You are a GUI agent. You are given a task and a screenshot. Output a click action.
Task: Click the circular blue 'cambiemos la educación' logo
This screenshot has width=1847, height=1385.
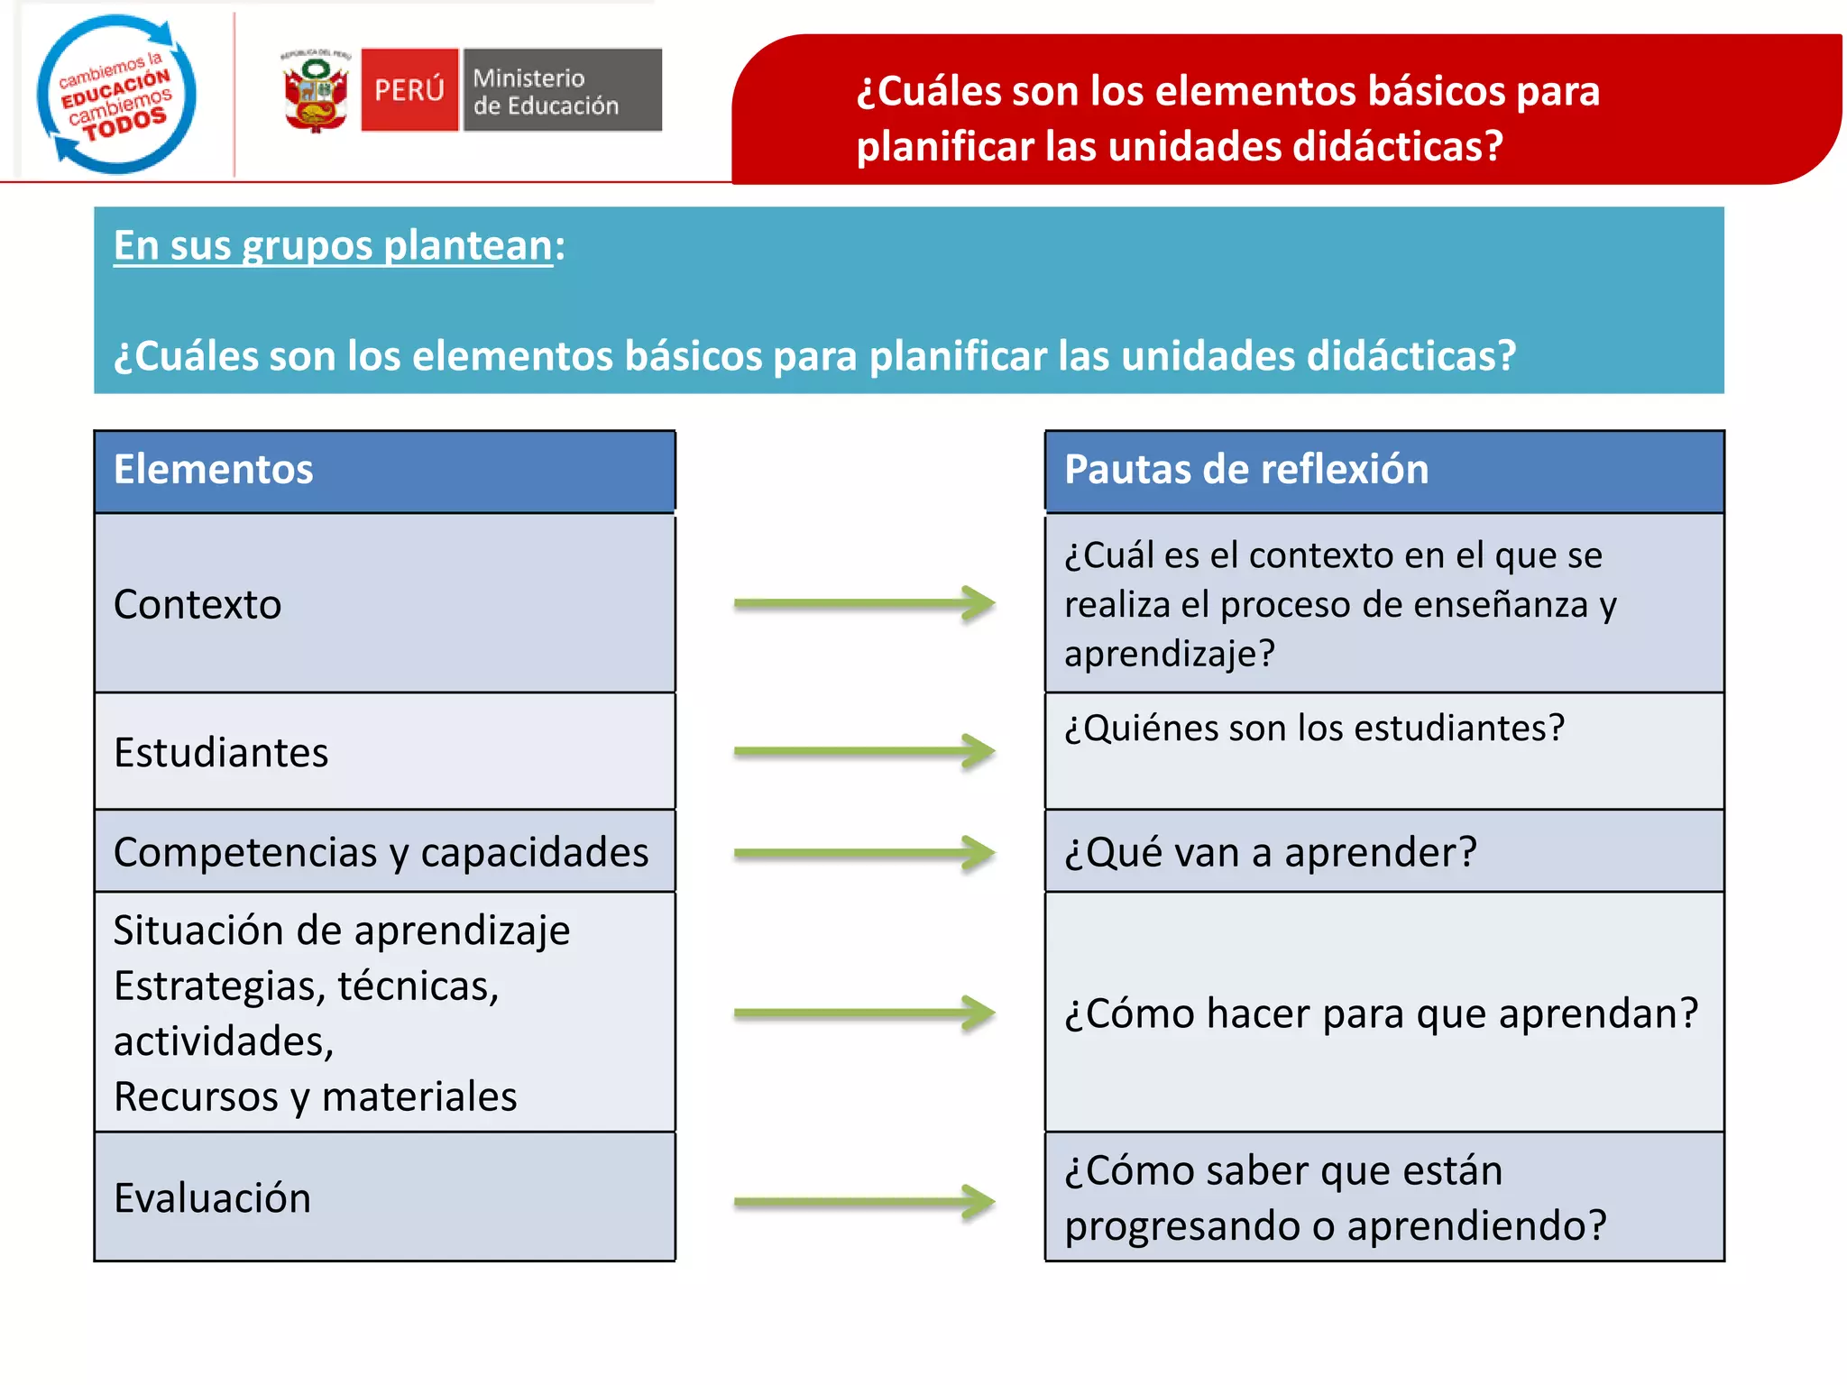point(115,94)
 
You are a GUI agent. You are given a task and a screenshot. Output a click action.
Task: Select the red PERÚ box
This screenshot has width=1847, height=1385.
point(409,90)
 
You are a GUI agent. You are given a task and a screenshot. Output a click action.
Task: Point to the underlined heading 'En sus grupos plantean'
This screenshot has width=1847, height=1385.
point(333,246)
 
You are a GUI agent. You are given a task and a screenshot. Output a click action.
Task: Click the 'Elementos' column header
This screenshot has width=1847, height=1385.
point(384,471)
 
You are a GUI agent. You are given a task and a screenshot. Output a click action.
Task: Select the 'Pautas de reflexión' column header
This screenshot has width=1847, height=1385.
point(1383,471)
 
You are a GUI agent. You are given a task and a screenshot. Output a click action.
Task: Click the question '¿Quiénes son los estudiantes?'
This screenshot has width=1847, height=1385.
point(1314,728)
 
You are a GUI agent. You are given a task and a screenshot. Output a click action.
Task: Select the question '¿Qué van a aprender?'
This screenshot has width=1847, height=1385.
point(1270,852)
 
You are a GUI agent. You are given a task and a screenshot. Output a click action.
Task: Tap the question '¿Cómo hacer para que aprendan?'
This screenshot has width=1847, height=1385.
point(1381,1014)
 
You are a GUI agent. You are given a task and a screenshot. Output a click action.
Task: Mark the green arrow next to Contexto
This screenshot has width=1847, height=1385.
point(863,603)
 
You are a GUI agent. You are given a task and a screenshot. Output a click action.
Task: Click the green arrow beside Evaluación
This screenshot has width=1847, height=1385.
point(863,1201)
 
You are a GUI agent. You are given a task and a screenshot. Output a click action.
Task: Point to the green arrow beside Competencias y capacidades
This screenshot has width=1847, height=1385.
point(863,853)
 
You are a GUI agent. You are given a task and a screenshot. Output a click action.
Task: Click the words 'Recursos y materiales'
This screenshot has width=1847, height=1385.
point(315,1097)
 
